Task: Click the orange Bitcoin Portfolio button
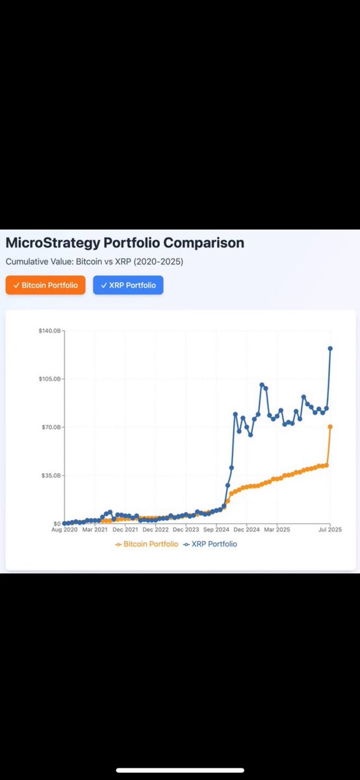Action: [45, 285]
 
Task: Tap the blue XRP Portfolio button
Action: [128, 285]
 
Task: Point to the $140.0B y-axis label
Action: [49, 331]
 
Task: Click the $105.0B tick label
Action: [49, 379]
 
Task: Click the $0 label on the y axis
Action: [57, 523]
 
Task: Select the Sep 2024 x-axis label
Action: [216, 530]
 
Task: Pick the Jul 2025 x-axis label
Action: [330, 530]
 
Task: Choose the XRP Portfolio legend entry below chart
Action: [210, 544]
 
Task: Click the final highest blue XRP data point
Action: [330, 348]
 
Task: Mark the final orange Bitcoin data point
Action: [330, 426]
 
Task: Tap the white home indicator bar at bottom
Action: [180, 770]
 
